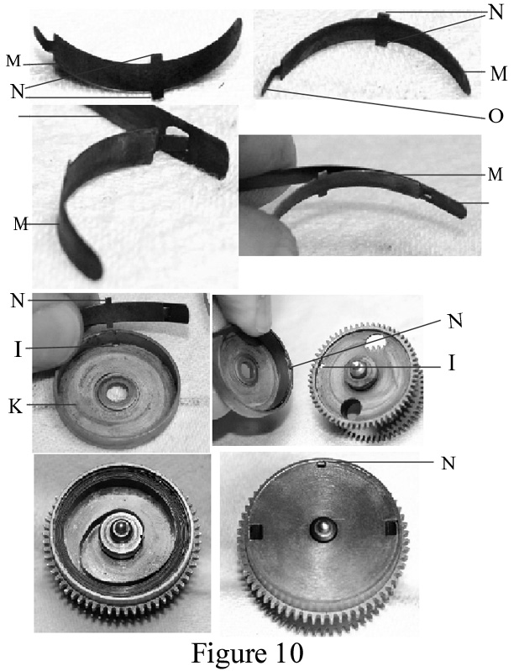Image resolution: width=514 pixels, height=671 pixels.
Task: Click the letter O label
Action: [496, 116]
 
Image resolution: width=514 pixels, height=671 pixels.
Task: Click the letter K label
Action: [15, 406]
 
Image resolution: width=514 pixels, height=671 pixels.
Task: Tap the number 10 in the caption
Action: [287, 653]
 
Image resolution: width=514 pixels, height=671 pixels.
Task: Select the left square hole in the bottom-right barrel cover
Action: [256, 531]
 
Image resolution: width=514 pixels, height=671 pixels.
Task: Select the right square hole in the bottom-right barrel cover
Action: [391, 528]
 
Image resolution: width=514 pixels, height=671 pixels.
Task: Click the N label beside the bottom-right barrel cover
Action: [448, 463]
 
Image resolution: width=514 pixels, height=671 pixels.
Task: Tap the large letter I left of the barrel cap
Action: [18, 349]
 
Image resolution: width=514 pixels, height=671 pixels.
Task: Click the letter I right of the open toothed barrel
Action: [451, 364]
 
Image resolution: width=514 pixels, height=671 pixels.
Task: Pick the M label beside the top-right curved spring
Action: [498, 74]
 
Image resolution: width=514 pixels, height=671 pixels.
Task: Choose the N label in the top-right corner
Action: [496, 13]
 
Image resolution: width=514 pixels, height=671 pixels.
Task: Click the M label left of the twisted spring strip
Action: [20, 224]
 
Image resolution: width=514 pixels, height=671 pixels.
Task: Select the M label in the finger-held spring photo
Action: [496, 174]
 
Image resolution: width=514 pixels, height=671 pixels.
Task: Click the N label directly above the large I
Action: [17, 301]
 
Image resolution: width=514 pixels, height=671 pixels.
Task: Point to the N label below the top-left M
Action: [17, 92]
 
